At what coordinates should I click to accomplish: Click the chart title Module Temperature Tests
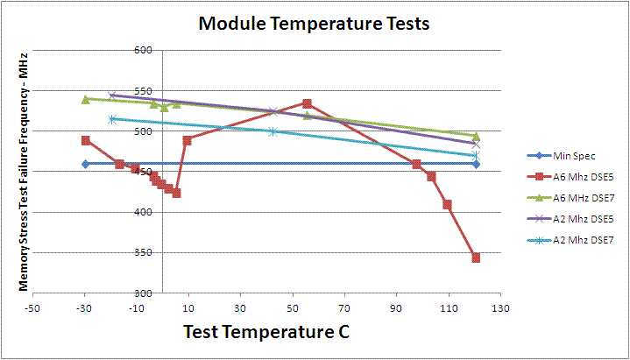coord(314,24)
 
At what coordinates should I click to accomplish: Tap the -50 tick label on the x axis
coord(33,308)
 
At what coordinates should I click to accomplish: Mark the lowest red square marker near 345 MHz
coord(476,258)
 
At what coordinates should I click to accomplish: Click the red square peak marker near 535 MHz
coord(307,103)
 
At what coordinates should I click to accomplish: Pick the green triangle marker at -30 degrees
coord(85,99)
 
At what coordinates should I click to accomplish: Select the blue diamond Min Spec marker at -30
coord(85,164)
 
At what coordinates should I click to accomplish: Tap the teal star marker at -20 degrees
coord(111,119)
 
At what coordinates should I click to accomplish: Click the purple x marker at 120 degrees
coord(476,144)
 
